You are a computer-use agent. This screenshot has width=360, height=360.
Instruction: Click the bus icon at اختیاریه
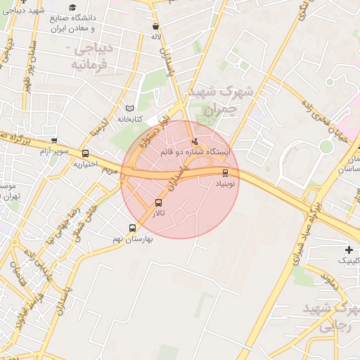click(86, 153)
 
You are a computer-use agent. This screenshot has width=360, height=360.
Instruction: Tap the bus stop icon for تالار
click(158, 203)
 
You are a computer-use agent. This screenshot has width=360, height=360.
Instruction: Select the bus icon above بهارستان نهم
click(132, 228)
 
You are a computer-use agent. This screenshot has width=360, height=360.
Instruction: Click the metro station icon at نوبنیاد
click(225, 172)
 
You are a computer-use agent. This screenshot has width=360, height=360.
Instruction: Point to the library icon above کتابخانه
click(128, 109)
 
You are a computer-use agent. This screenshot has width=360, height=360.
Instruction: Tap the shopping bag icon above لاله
click(155, 27)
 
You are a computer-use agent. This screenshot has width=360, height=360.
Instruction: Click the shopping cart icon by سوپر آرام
click(54, 141)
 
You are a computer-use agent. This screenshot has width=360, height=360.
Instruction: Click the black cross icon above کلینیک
click(349, 250)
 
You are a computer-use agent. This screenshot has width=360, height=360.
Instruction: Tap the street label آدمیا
click(101, 124)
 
